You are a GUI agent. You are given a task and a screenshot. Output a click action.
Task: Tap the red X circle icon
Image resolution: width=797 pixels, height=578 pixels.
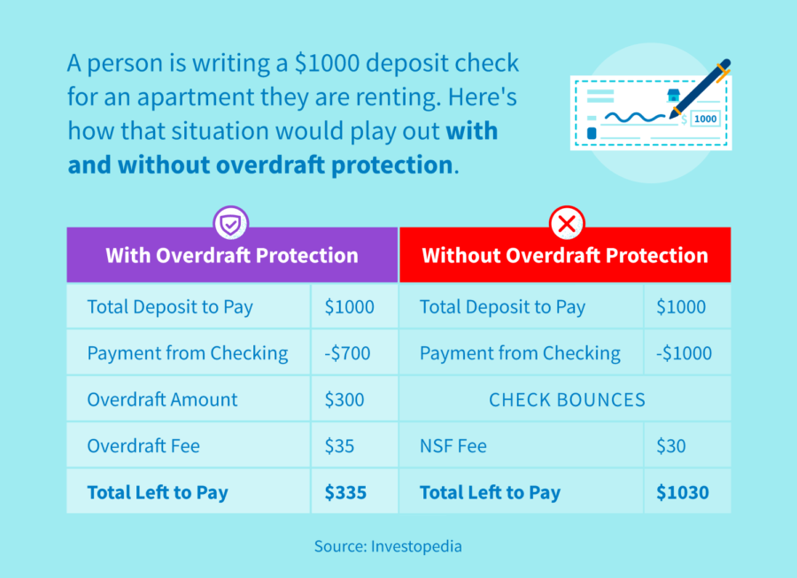click(565, 225)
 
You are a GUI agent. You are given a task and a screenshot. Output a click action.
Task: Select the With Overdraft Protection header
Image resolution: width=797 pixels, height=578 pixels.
click(232, 256)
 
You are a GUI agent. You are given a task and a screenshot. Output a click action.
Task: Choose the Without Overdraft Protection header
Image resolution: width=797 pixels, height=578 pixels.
click(565, 256)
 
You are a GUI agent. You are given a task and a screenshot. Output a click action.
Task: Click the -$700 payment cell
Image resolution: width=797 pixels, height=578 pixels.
click(347, 354)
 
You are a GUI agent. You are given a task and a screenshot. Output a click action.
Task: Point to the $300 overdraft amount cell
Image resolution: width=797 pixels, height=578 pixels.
click(344, 399)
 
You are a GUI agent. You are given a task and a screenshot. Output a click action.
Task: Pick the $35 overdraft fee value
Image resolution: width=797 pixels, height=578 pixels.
click(339, 446)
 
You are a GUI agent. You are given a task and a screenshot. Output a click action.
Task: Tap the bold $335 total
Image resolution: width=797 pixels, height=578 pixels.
click(344, 493)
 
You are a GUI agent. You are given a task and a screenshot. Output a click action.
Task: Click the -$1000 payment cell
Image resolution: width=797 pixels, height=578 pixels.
click(684, 354)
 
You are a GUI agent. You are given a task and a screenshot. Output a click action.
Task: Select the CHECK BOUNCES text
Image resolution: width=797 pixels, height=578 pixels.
click(567, 400)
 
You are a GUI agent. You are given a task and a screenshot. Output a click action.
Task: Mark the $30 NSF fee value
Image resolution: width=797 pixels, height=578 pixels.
click(670, 446)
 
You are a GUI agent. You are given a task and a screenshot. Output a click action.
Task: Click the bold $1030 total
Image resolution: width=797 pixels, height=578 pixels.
click(682, 493)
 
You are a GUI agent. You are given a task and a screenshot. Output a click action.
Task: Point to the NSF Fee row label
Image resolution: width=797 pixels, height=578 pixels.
click(453, 446)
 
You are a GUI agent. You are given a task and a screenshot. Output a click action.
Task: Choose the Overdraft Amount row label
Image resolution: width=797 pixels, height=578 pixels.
click(162, 399)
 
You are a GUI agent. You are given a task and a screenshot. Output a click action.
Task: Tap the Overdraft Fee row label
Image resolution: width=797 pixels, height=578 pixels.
click(143, 446)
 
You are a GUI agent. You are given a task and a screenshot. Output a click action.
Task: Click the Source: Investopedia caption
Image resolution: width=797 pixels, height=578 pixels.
click(388, 546)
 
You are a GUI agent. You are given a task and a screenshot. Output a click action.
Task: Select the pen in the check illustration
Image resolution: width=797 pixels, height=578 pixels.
click(700, 88)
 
